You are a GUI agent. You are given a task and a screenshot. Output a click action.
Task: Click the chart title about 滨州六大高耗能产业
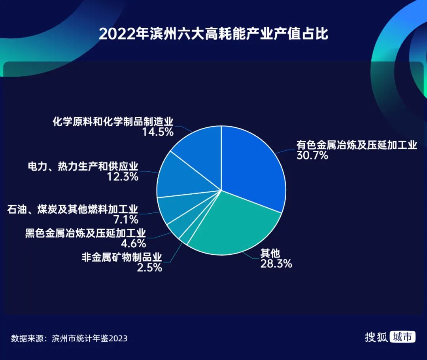click(x=213, y=34)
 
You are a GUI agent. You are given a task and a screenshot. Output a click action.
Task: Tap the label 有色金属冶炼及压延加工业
click(x=357, y=145)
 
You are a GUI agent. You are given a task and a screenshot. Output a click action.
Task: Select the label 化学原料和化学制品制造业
click(x=113, y=121)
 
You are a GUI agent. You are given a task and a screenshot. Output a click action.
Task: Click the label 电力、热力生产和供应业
click(x=83, y=166)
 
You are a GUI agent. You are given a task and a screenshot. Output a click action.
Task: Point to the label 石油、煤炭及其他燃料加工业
click(x=72, y=209)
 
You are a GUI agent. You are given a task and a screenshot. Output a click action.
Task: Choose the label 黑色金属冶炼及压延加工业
click(x=85, y=233)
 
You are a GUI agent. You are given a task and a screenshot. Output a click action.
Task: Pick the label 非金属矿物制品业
click(x=122, y=257)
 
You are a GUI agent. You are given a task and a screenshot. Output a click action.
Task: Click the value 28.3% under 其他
click(x=276, y=264)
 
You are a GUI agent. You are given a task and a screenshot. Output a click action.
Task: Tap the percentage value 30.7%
click(x=312, y=155)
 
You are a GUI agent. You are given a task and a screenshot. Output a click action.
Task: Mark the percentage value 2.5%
click(x=149, y=267)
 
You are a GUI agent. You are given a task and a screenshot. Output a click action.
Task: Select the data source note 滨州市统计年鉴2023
click(x=89, y=338)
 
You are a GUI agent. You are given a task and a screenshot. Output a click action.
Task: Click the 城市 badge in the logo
click(x=402, y=337)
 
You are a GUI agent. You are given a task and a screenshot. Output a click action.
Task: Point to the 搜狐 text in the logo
click(x=376, y=337)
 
